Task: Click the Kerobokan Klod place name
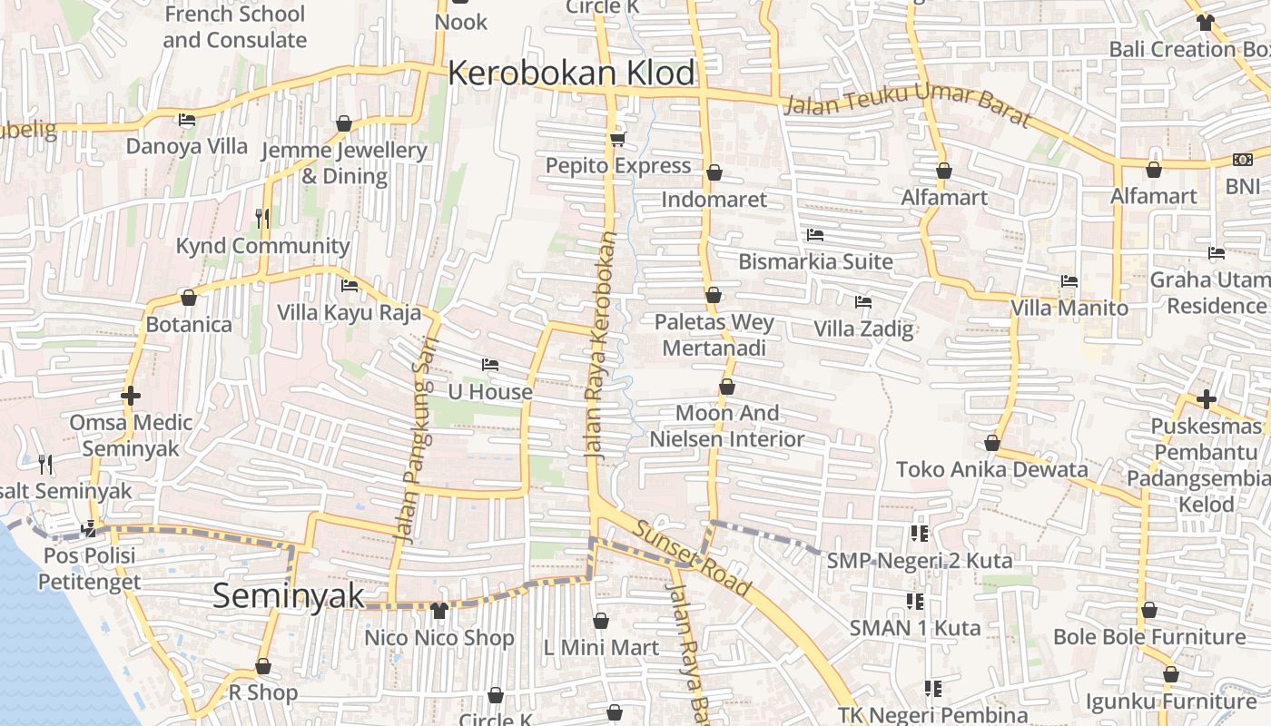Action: (572, 74)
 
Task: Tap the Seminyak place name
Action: (288, 596)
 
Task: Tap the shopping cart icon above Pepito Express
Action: (618, 139)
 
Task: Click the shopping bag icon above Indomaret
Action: (714, 172)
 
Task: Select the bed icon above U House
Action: (490, 365)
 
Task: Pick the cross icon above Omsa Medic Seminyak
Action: (131, 396)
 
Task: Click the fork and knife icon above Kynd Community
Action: (262, 218)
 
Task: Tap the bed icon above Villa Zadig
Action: (862, 301)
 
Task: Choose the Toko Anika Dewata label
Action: (991, 469)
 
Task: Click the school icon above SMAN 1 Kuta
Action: (915, 601)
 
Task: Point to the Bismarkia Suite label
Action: (815, 261)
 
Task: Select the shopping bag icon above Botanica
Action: (189, 298)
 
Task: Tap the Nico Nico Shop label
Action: (439, 638)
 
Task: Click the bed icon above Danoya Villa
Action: (187, 120)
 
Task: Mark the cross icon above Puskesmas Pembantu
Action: (1206, 398)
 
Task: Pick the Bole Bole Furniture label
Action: (1149, 637)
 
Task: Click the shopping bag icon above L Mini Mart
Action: (601, 621)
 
